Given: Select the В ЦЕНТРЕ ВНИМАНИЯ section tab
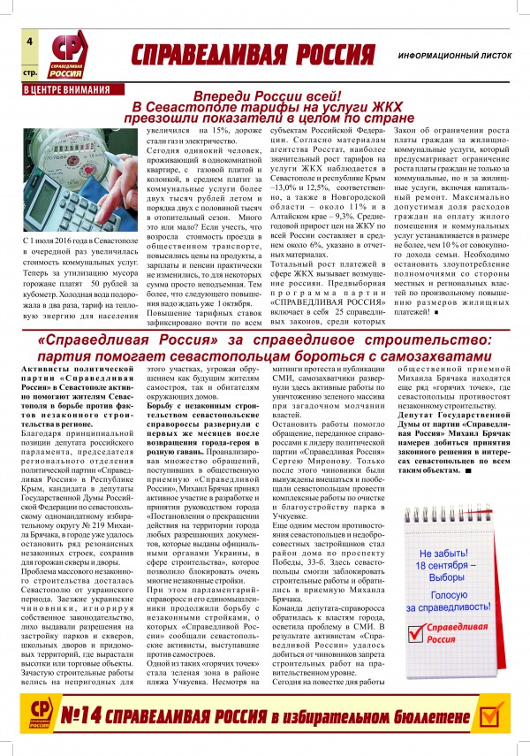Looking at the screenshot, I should point(66,89).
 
